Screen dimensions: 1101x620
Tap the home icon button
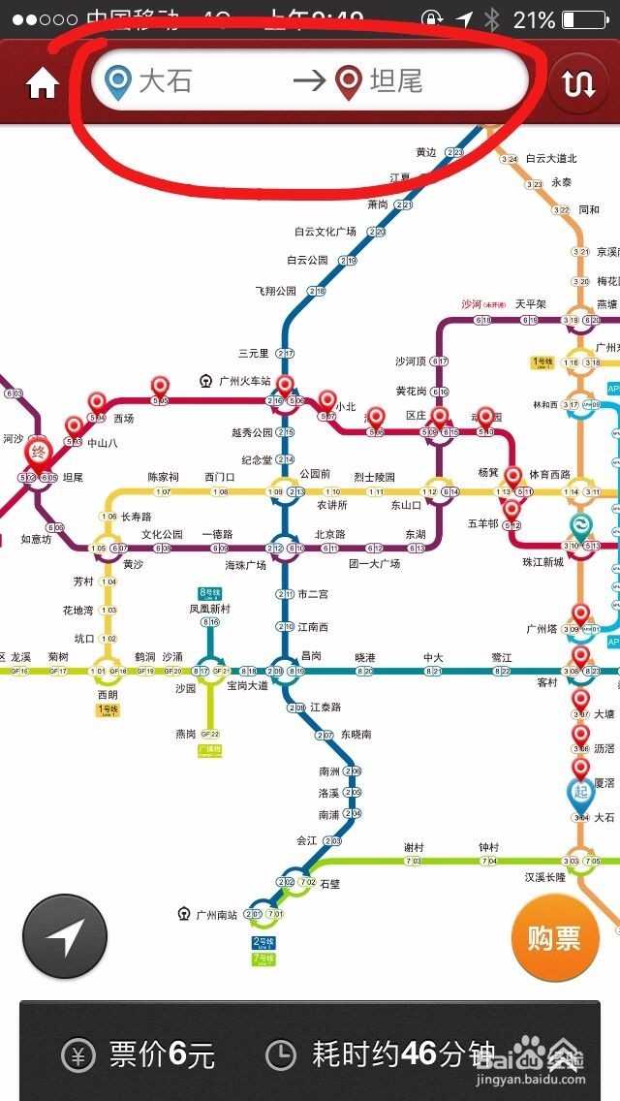tap(42, 85)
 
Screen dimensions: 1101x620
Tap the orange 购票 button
tap(554, 937)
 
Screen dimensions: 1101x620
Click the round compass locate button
tap(65, 936)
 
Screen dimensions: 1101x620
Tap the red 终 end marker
tap(39, 453)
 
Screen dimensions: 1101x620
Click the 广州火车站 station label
tap(244, 381)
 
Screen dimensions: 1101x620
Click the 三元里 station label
tap(253, 353)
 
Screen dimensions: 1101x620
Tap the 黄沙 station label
tap(133, 564)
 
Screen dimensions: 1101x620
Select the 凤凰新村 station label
tap(209, 609)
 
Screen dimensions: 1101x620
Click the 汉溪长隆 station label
tap(546, 877)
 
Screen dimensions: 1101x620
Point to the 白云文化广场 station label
tap(325, 232)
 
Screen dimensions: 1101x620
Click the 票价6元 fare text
tap(161, 1054)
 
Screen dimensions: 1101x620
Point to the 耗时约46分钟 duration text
tap(403, 1054)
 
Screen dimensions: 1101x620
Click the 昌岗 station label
tap(310, 656)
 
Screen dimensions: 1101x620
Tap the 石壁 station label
tap(330, 883)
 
